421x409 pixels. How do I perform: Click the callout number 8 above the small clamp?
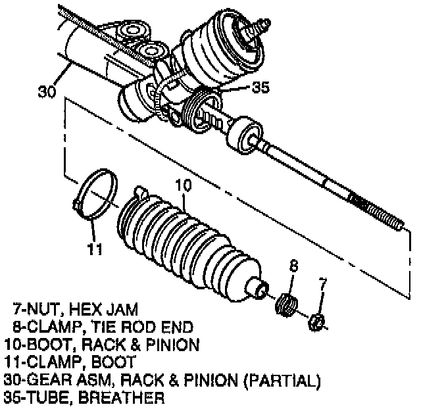293,267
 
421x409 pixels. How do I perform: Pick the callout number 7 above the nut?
322,285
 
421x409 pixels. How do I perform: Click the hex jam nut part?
316,322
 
